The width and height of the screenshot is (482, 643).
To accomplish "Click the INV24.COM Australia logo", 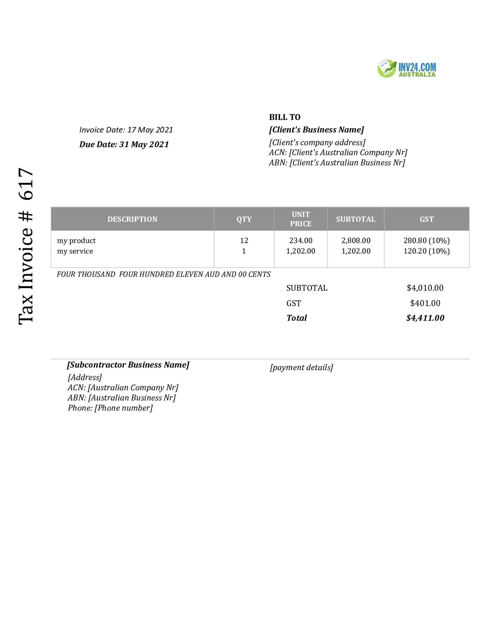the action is pos(407,68).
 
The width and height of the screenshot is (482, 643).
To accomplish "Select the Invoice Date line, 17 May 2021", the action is pos(126,130).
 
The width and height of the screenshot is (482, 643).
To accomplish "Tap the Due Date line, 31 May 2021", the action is pos(124,144).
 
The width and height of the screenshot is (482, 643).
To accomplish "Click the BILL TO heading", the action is pos(284,117).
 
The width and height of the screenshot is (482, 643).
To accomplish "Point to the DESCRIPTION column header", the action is pos(132,219).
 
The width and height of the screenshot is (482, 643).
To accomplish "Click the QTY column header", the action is pos(244,219).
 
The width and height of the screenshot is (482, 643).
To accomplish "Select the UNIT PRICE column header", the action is pos(300,219).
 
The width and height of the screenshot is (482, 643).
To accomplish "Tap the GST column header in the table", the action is pos(426,219).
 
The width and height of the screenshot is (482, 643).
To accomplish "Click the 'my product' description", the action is pos(76,241).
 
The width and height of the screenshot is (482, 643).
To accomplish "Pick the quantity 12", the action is pos(244,241).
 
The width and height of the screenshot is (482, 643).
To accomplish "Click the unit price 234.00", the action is pos(300,241).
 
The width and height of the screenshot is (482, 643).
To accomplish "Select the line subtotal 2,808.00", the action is pos(356,241).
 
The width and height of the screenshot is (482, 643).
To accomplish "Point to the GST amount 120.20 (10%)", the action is pos(426,251).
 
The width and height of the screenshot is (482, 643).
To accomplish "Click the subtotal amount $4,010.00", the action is pos(425,288).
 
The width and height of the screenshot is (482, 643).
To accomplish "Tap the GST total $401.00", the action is pos(425,303).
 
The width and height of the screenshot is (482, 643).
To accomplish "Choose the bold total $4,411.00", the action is pos(425,318).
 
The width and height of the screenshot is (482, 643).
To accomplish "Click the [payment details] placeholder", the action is pos(301,367).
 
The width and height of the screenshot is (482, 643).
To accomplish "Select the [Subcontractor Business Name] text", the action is pos(128,365).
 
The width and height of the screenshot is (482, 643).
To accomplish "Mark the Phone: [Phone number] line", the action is pos(110,408).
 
